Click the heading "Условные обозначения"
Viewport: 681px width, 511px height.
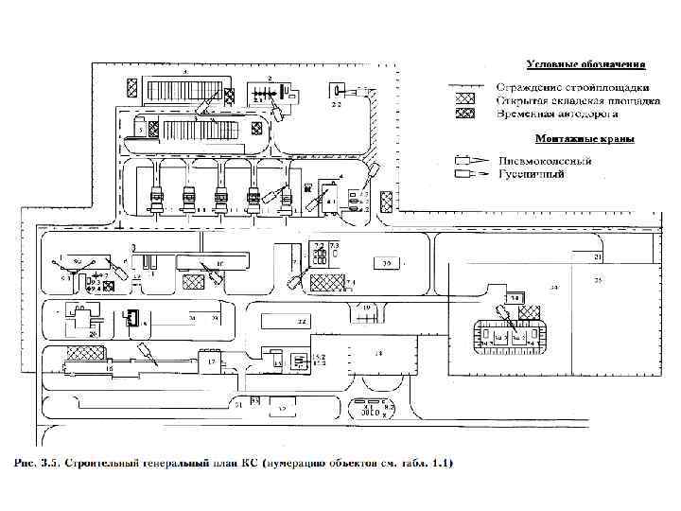pyautogui.click(x=585, y=64)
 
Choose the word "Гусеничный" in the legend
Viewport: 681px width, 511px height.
pyautogui.click(x=532, y=174)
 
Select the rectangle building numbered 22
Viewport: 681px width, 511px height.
pyautogui.click(x=299, y=323)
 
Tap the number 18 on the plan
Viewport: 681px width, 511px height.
pyautogui.click(x=377, y=353)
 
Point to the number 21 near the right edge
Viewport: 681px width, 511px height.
pyautogui.click(x=598, y=256)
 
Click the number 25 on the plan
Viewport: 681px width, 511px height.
pyautogui.click(x=598, y=281)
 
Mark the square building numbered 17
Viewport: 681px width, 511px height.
pyautogui.click(x=212, y=361)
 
